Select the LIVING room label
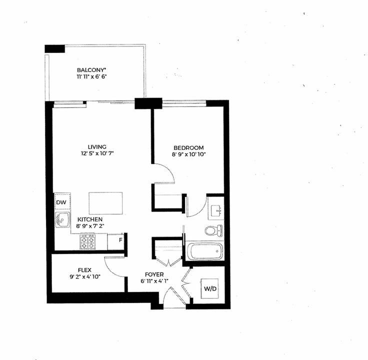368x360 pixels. click(x=97, y=147)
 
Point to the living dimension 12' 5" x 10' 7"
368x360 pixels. click(x=97, y=153)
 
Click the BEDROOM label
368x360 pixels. click(x=188, y=148)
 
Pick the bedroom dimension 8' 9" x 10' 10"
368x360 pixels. click(x=188, y=154)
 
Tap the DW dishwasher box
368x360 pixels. click(x=62, y=201)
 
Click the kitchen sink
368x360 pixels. click(x=62, y=219)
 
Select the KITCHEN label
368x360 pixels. click(x=90, y=219)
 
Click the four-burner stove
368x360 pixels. click(x=87, y=241)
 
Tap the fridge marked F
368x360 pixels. click(x=115, y=241)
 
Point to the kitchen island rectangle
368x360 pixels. click(x=105, y=203)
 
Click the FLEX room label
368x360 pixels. click(x=84, y=270)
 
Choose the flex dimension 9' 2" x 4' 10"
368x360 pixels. click(x=85, y=276)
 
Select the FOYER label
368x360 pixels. click(x=154, y=274)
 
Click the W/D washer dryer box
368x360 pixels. click(x=210, y=288)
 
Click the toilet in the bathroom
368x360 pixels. click(x=213, y=230)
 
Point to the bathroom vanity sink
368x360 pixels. click(x=216, y=210)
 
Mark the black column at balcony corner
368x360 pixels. click(x=54, y=49)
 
